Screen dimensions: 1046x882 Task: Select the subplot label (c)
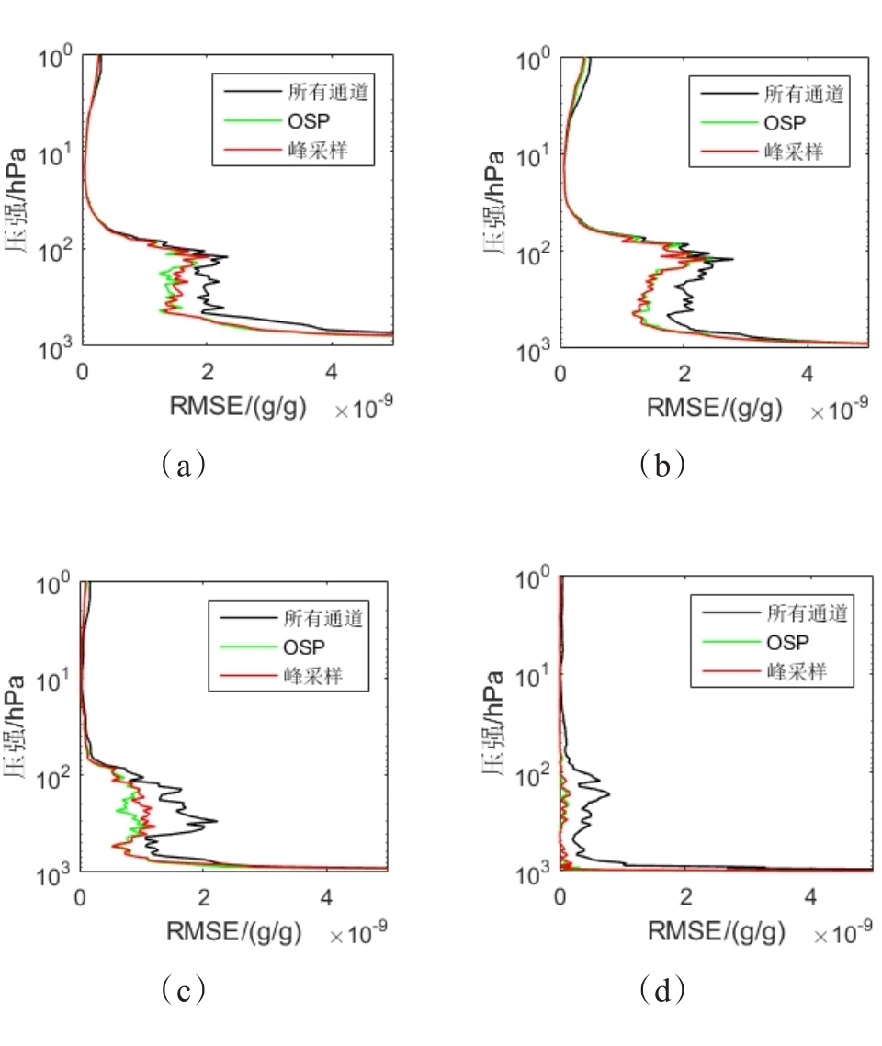point(179,990)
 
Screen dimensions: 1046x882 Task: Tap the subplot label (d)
point(661,990)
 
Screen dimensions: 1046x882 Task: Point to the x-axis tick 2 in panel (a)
point(208,370)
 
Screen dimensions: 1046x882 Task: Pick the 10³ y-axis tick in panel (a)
point(55,345)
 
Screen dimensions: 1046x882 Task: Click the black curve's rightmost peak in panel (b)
point(732,259)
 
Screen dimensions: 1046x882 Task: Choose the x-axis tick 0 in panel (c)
point(81,896)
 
